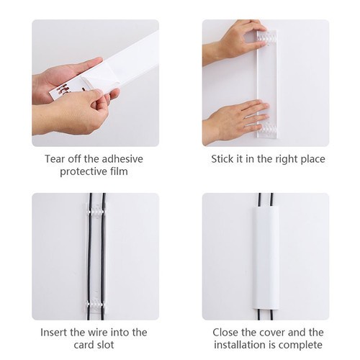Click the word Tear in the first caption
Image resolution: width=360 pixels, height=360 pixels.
54,158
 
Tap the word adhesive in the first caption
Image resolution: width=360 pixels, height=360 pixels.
122,158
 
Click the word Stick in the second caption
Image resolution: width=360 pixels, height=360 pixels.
222,159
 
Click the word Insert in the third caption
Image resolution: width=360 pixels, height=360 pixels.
56,332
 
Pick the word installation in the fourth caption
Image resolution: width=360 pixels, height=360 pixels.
240,346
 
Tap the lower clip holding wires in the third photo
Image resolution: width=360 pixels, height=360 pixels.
96,299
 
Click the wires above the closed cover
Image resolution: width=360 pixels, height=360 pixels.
264,203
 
